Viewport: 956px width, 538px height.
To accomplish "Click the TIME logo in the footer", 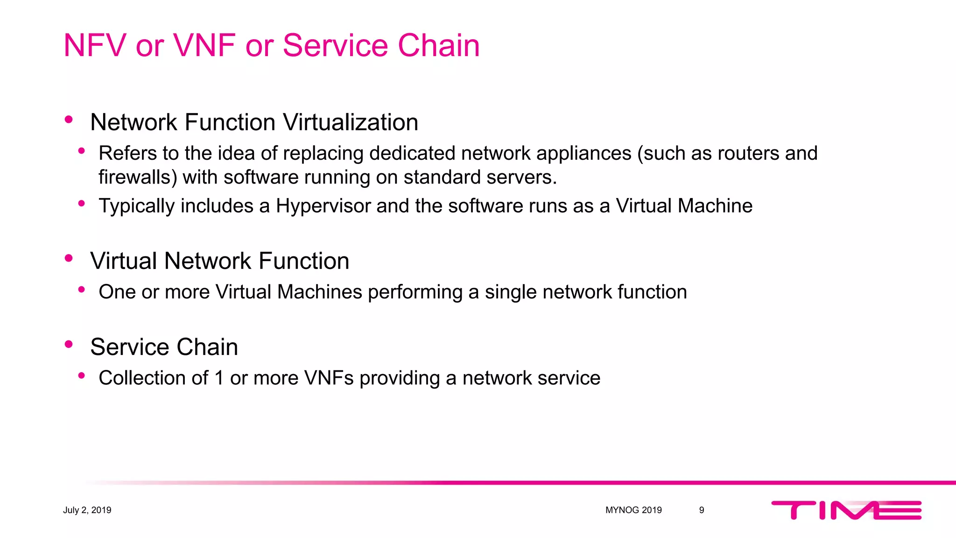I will pyautogui.click(x=846, y=510).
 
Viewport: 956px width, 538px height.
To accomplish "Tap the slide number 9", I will pyautogui.click(x=701, y=510).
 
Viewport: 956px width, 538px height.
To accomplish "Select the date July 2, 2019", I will pyautogui.click(x=87, y=510).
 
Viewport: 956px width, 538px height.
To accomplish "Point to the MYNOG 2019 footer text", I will pyautogui.click(x=633, y=510).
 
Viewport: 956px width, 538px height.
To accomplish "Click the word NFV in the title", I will pyautogui.click(x=95, y=45).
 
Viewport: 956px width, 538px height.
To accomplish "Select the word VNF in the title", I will pyautogui.click(x=204, y=45).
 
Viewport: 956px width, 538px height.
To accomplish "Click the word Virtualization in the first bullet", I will pyautogui.click(x=351, y=122).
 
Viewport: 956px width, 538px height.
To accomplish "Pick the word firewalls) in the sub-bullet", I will pyautogui.click(x=138, y=177).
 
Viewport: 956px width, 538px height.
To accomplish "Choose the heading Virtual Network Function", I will pyautogui.click(x=219, y=261).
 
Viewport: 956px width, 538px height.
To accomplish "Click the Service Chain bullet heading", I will pyautogui.click(x=164, y=347).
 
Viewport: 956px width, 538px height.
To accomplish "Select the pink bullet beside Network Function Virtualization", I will pyautogui.click(x=69, y=120).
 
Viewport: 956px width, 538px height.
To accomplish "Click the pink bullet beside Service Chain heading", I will pyautogui.click(x=69, y=344).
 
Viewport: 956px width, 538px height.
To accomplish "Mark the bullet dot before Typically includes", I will pyautogui.click(x=82, y=203).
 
